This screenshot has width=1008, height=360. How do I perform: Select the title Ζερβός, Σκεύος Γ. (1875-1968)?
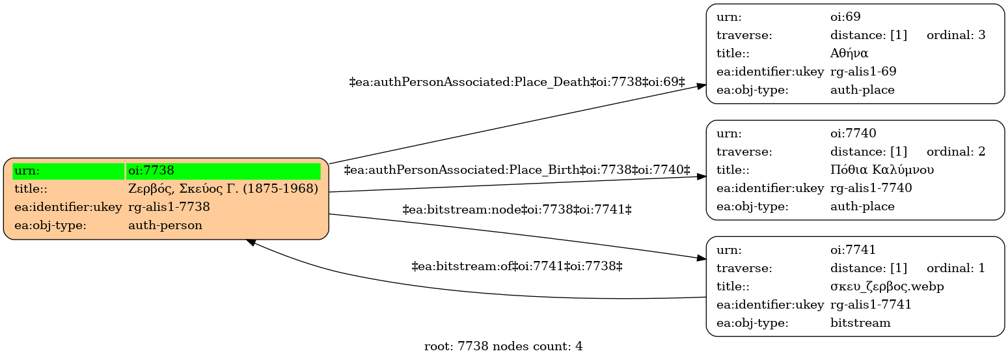tap(223, 189)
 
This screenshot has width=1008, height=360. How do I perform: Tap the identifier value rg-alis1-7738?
tap(169, 207)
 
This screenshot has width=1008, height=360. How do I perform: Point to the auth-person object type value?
tap(165, 225)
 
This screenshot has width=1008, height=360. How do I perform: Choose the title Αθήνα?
tap(849, 53)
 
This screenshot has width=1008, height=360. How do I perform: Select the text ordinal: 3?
tap(956, 35)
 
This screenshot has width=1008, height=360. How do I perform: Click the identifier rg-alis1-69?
tap(863, 72)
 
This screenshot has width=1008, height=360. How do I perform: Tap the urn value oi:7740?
tap(853, 133)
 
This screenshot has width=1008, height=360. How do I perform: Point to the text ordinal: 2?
tap(956, 152)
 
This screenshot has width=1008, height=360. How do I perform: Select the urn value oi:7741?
tap(853, 250)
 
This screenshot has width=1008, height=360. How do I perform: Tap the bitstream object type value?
tap(860, 323)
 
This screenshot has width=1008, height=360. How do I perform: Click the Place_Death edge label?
tap(517, 82)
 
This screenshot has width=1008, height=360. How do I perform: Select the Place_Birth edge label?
tap(517, 170)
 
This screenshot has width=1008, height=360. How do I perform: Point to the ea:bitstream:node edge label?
tap(517, 210)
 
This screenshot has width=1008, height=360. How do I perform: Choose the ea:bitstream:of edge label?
tap(517, 266)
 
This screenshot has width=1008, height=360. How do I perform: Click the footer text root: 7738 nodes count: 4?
tap(504, 346)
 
